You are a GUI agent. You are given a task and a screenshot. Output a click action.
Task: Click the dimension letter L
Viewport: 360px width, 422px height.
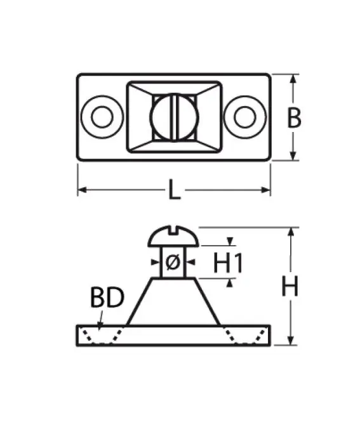tap(175, 190)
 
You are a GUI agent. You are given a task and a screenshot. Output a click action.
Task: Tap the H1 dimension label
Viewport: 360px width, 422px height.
tap(228, 263)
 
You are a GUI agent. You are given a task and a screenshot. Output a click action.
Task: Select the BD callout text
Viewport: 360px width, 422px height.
tap(107, 297)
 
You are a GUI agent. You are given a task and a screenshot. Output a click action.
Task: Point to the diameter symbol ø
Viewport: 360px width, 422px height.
tap(173, 262)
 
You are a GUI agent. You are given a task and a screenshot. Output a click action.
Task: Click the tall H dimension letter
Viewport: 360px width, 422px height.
tap(290, 286)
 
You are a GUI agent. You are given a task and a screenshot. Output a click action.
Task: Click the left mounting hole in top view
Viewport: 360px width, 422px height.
tap(102, 117)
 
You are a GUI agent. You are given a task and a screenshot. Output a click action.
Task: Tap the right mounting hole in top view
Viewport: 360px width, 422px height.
tap(244, 117)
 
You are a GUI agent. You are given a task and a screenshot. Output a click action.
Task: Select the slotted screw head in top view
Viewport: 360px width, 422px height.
tap(174, 117)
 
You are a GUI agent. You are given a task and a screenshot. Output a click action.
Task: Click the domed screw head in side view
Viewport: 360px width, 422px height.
tap(173, 236)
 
